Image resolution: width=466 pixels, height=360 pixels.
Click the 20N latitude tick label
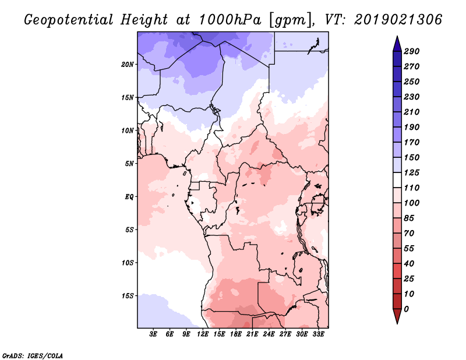[x=128, y=64]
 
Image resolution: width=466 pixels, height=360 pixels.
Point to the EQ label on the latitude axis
[x=129, y=196]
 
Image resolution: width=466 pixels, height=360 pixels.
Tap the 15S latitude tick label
[x=128, y=296]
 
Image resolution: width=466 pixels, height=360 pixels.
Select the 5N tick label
[x=129, y=164]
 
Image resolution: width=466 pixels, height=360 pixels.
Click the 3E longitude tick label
[x=153, y=334]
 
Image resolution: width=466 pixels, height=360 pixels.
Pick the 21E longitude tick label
[x=252, y=334]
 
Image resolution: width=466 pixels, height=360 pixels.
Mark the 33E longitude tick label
[x=318, y=334]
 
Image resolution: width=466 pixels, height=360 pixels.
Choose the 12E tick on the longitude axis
[x=203, y=334]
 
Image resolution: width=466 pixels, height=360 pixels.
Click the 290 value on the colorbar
[x=412, y=51]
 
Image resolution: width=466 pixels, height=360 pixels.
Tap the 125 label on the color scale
[x=412, y=172]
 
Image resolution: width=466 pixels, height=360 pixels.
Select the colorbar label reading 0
[x=406, y=309]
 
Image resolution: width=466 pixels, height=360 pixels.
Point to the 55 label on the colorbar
[x=409, y=249]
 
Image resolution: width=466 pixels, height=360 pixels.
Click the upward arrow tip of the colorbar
[x=397, y=36]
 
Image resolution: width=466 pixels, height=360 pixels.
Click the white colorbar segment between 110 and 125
[x=397, y=180]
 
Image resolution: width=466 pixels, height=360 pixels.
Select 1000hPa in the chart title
[x=230, y=20]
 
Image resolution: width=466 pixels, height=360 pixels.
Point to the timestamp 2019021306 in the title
[x=398, y=20]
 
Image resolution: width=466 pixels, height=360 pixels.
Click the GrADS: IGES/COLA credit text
[x=33, y=356]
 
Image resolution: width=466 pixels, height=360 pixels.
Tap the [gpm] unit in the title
[x=290, y=20]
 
